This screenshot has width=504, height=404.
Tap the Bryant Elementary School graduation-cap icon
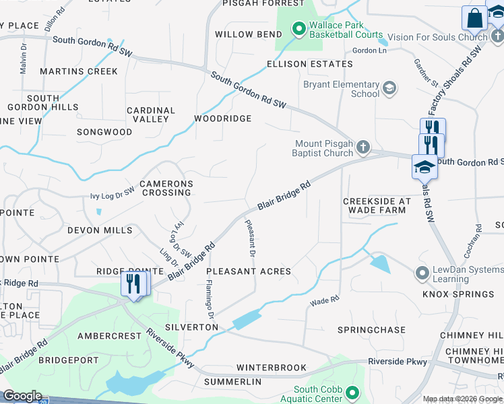pyautogui.click(x=389, y=88)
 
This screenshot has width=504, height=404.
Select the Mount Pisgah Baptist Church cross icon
pyautogui.click(x=363, y=147)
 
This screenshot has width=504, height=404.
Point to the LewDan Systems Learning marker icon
pyautogui.click(x=422, y=273)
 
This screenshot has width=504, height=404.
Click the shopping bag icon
pyautogui.click(x=475, y=18)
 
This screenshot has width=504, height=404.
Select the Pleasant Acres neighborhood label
pyautogui.click(x=249, y=271)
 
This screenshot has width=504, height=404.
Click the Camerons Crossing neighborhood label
pyautogui.click(x=166, y=188)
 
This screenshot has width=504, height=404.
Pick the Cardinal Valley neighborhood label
pyautogui.click(x=151, y=114)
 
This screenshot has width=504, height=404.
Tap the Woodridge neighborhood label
pyautogui.click(x=222, y=119)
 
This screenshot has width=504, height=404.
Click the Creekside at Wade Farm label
pyautogui.click(x=377, y=205)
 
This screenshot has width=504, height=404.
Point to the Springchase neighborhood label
pyautogui.click(x=371, y=330)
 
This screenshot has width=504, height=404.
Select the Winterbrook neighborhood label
pyautogui.click(x=272, y=368)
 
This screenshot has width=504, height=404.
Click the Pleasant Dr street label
pyautogui.click(x=249, y=240)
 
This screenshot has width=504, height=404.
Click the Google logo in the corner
pyautogui.click(x=22, y=396)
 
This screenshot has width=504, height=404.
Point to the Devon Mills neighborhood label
pyautogui.click(x=100, y=230)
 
